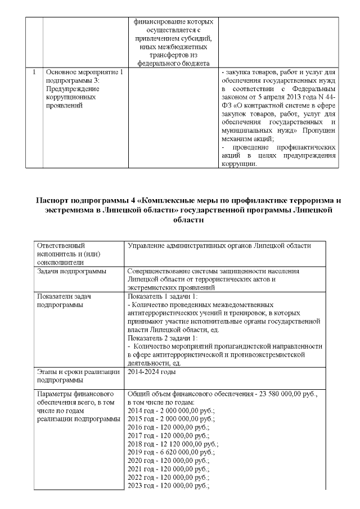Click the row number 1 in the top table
pos(35,73)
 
